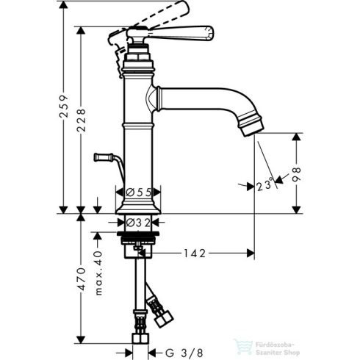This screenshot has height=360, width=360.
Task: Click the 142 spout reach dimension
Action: click(x=195, y=253)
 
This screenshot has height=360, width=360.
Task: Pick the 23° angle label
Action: click(x=265, y=185)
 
